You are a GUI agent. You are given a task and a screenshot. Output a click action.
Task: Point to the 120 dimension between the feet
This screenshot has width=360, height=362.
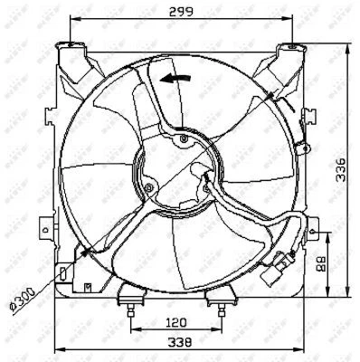click(x=177, y=321)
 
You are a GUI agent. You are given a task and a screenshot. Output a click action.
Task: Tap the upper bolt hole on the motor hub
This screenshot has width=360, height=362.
click(x=185, y=140)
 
